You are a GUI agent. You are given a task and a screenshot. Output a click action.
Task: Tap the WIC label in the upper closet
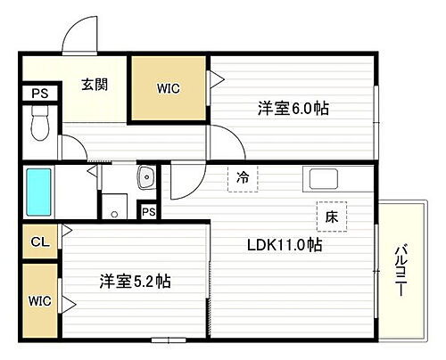click(x=169, y=89)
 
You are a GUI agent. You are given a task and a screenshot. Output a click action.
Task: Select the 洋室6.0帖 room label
click(x=293, y=108)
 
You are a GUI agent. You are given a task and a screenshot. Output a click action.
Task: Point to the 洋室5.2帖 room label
click(x=135, y=282)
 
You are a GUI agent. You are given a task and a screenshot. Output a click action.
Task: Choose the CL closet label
click(x=39, y=241)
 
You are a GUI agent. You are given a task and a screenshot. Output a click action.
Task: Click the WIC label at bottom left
click(x=39, y=301)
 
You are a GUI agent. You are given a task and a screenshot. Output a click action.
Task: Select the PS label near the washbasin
click(x=149, y=211)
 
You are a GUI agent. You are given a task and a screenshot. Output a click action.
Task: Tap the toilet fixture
click(x=39, y=126)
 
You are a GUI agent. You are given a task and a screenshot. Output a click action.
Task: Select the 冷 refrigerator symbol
click(x=242, y=176)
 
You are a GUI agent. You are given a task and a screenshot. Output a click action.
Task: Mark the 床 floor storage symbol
click(x=330, y=215)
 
